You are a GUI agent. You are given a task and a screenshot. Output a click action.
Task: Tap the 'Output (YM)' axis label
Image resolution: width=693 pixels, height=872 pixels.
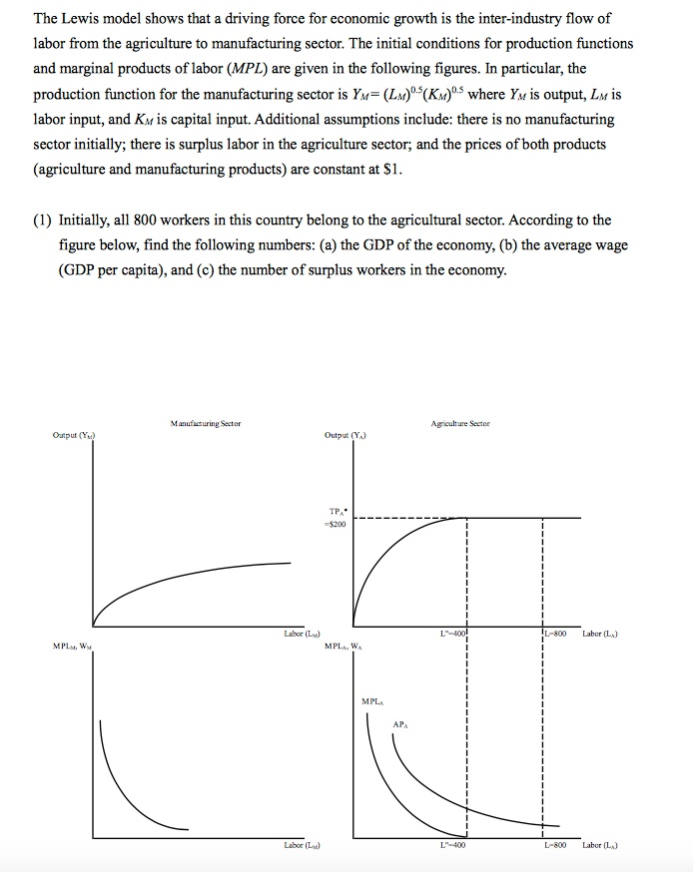pyautogui.click(x=76, y=434)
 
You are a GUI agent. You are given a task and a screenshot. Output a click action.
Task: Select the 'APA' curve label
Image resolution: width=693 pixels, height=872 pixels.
pyautogui.click(x=399, y=724)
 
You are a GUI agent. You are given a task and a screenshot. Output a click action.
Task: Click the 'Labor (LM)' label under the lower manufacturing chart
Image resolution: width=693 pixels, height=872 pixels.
pyautogui.click(x=302, y=846)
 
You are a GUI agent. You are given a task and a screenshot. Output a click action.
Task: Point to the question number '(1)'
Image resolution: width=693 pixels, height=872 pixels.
pyautogui.click(x=45, y=220)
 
